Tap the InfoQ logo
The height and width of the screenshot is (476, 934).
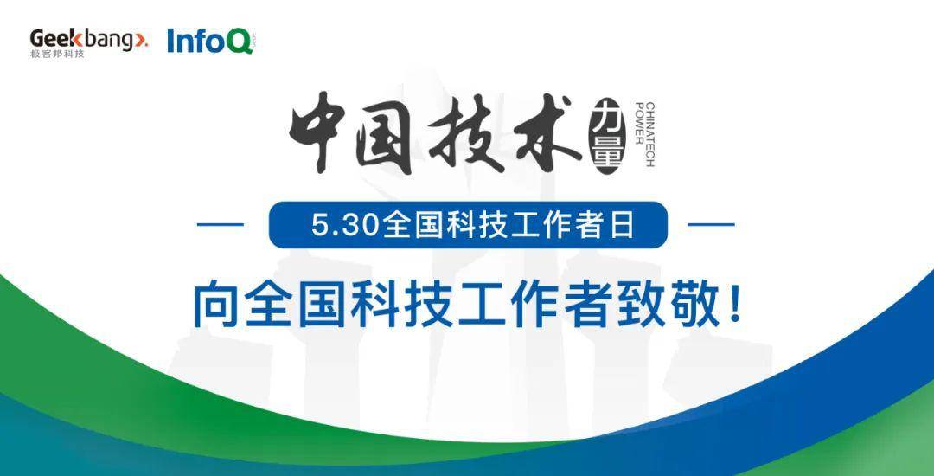point(210,41)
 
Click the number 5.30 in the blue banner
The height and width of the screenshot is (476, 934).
point(345,227)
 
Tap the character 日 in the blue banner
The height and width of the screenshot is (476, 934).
point(623,227)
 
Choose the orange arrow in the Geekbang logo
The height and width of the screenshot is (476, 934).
point(144,40)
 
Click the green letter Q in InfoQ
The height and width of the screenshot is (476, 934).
point(240,42)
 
